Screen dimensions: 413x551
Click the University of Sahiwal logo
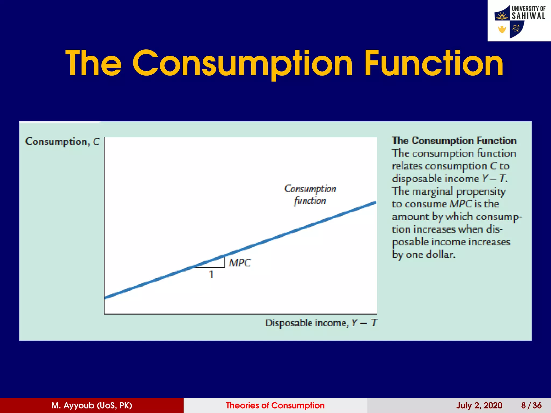coord(519,21)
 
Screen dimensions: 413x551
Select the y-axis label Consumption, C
coord(62,142)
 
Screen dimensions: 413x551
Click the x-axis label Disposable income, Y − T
coord(321,323)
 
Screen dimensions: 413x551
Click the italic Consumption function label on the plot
coord(310,195)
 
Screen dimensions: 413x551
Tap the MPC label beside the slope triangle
coord(239,263)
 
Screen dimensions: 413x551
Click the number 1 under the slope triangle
coord(211,275)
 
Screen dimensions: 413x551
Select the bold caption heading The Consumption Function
coord(454,141)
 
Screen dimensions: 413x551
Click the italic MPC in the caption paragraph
coord(461,204)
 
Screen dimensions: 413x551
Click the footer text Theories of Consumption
coord(275,405)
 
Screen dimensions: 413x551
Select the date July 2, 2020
coord(479,405)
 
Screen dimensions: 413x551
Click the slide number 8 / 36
coord(531,405)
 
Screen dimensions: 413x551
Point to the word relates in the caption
coord(407,166)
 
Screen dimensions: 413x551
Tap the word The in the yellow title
coord(93,64)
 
